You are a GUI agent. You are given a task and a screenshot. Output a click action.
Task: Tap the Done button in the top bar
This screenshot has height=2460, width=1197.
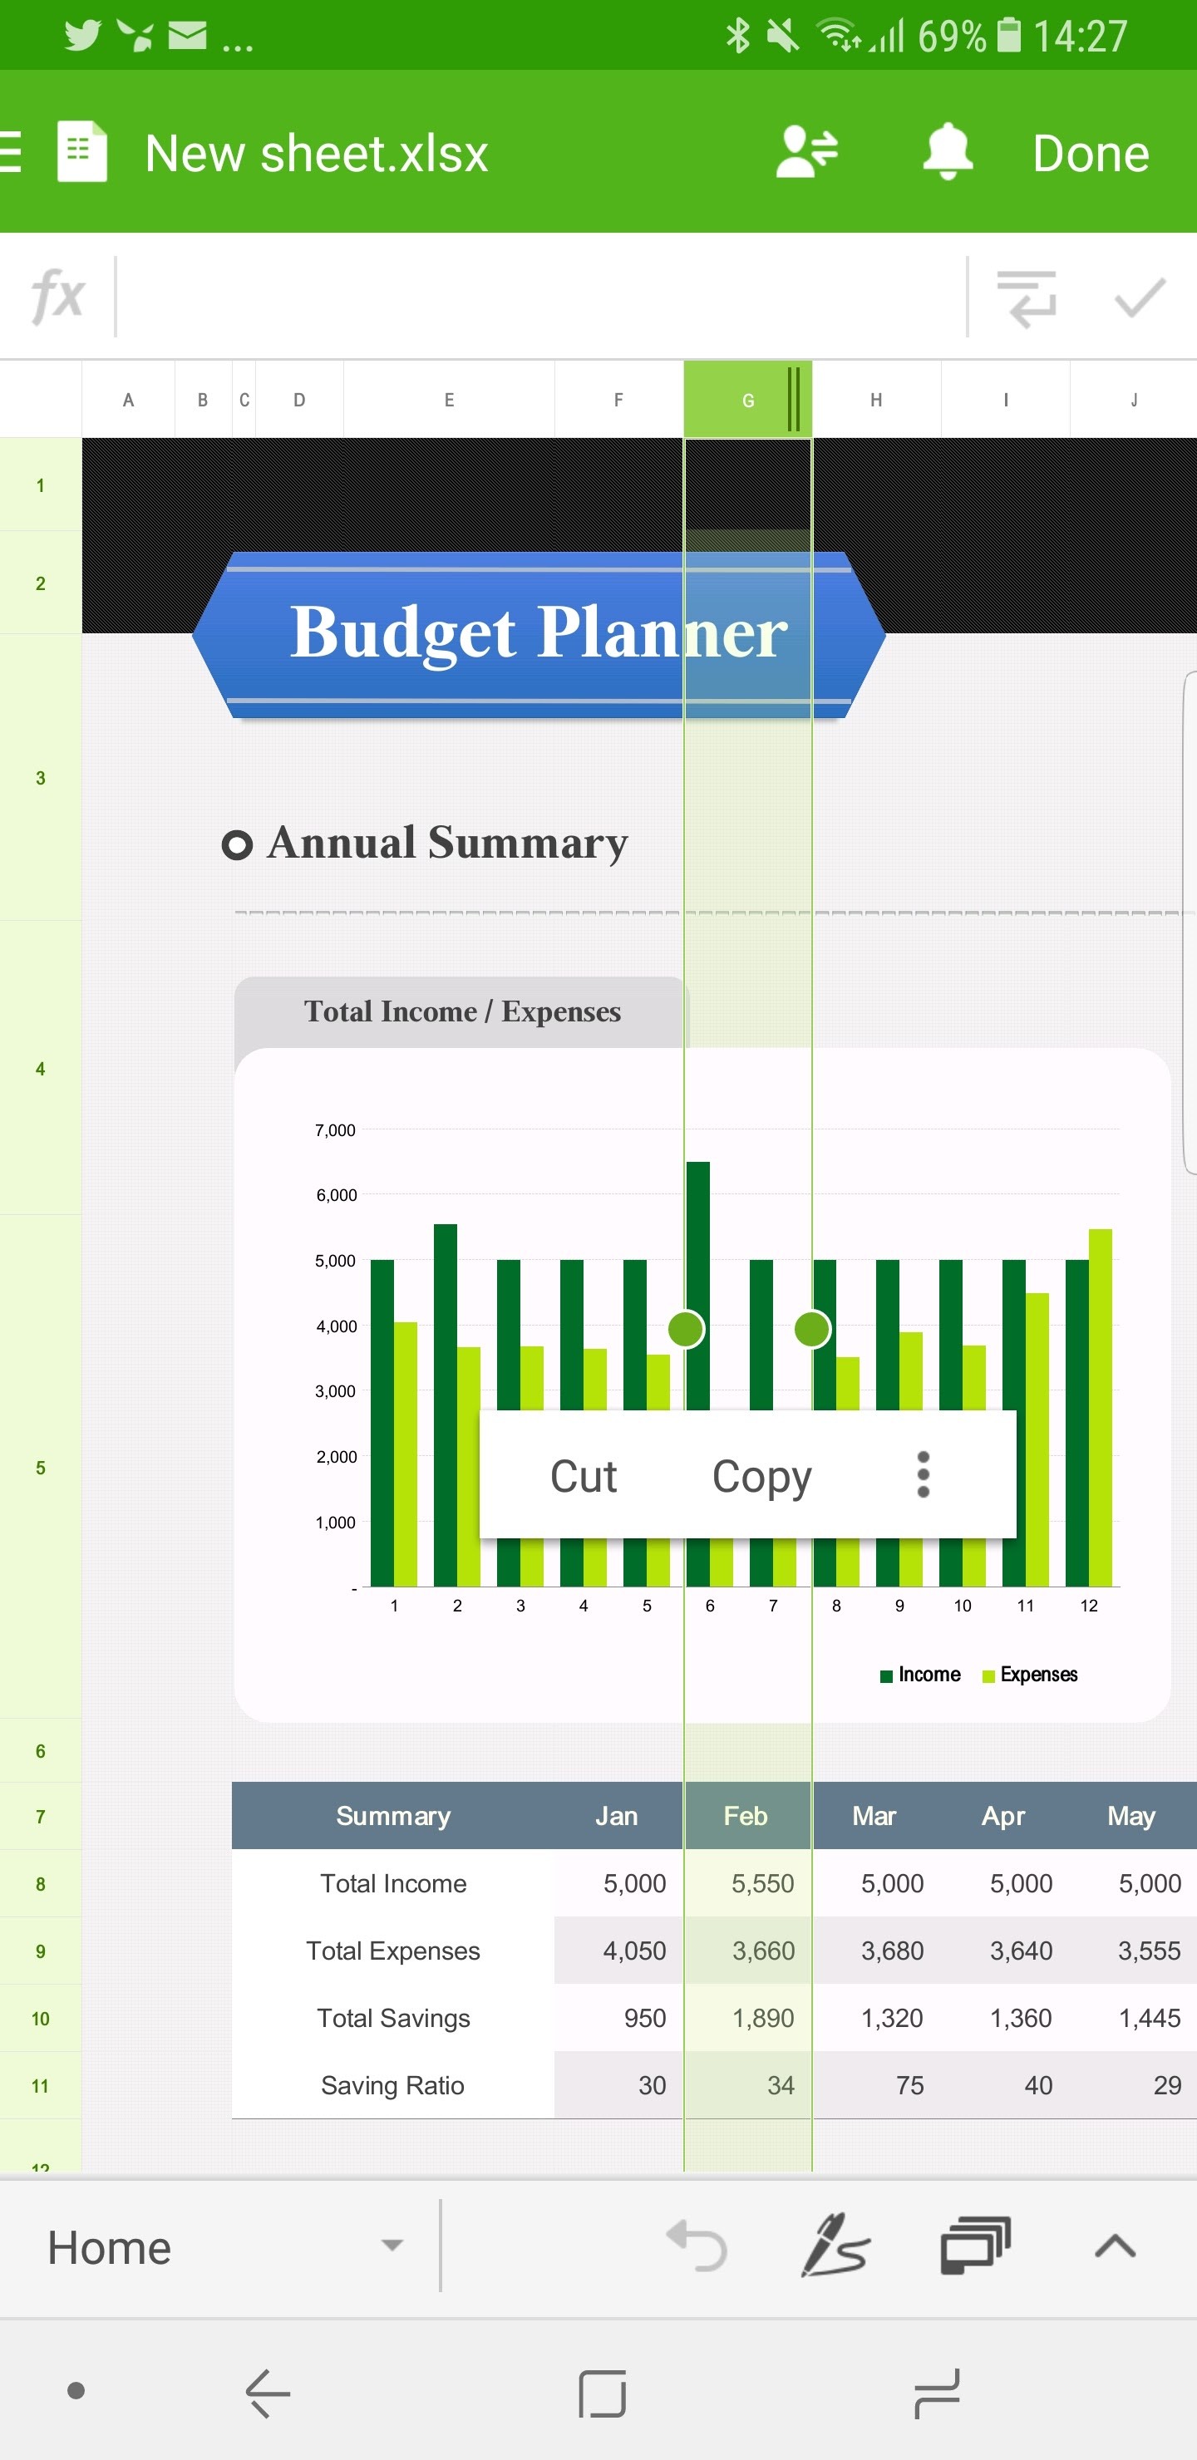point(1090,154)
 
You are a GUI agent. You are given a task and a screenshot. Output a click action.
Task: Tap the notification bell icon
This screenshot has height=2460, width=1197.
point(947,151)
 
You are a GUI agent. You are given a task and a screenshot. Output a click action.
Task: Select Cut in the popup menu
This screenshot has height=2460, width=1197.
point(584,1476)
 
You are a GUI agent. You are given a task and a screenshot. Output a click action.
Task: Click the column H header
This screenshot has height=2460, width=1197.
point(876,400)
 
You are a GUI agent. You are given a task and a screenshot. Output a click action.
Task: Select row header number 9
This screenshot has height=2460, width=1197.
point(40,1951)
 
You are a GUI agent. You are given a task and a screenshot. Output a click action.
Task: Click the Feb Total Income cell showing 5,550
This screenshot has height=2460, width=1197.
point(762,1883)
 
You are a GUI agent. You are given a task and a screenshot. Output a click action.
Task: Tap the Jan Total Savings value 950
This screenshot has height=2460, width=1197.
point(645,2018)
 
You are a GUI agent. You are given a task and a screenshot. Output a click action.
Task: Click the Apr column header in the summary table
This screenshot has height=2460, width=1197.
point(1003,1815)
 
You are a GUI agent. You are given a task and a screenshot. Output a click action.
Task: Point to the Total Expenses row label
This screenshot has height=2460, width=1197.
point(392,1951)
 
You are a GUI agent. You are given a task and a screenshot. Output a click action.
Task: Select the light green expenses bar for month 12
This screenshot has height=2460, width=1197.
point(1101,1408)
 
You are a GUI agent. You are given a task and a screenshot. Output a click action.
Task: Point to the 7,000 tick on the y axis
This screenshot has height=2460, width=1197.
point(335,1130)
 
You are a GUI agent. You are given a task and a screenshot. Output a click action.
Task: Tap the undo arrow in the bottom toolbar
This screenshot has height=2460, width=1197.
point(697,2246)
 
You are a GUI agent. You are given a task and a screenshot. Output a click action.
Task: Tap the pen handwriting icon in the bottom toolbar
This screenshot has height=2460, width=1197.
point(834,2245)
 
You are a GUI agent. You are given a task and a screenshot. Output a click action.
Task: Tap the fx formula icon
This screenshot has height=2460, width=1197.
point(57,296)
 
